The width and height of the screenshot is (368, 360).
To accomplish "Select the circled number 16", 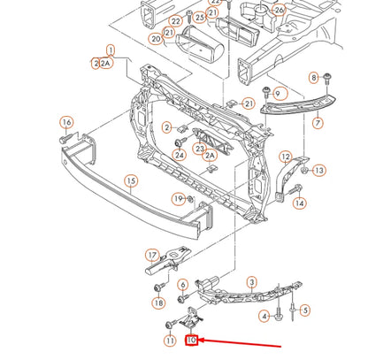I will click(x=66, y=122).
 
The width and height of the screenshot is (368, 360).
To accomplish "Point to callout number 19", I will click(x=178, y=199).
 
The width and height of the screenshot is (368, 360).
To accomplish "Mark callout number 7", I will click(x=318, y=123).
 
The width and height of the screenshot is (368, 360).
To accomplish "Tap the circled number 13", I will click(x=318, y=170).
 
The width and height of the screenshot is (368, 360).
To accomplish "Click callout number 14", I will click(x=300, y=203).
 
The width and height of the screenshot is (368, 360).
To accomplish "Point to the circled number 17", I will click(x=151, y=254).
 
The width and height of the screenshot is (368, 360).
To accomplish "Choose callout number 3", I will click(x=251, y=282).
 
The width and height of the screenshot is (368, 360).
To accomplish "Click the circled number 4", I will click(x=264, y=316).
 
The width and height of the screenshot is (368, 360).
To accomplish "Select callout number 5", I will click(x=304, y=310).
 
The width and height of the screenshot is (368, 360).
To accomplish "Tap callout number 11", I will click(x=169, y=341).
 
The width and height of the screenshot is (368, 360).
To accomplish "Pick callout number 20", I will click(x=156, y=39).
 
